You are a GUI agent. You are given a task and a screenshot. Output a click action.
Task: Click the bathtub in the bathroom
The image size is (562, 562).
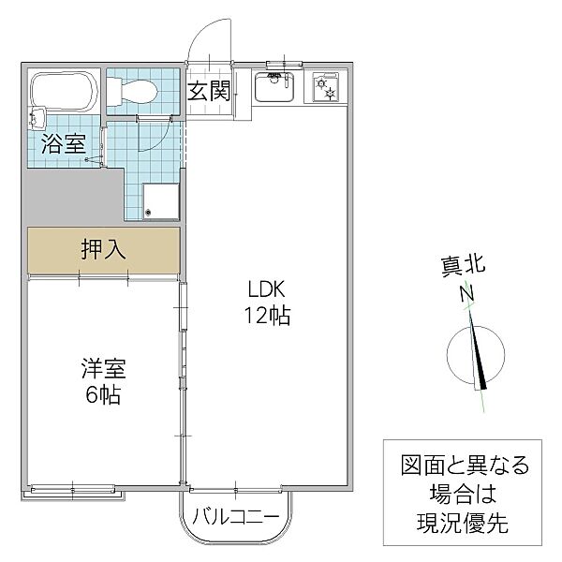[x=65, y=92]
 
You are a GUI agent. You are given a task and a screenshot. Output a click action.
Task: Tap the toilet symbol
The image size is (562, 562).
[x=133, y=93]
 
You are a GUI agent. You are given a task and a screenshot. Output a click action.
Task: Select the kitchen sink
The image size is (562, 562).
[x=274, y=86]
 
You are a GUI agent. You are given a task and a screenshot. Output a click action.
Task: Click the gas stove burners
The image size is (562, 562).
[x=325, y=87]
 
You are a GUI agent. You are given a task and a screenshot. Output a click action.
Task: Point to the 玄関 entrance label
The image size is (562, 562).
[x=209, y=91]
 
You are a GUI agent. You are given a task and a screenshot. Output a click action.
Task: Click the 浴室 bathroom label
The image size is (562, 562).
[x=64, y=143]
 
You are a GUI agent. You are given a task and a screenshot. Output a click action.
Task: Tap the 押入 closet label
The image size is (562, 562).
[x=104, y=249]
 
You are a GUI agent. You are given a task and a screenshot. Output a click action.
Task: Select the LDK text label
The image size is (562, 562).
[x=267, y=289]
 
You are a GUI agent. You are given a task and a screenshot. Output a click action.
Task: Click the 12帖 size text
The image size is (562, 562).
[x=267, y=316]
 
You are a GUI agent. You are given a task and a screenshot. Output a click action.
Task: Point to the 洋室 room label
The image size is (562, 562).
[x=104, y=368]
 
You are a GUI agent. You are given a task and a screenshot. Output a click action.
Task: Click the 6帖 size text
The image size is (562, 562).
[x=102, y=394]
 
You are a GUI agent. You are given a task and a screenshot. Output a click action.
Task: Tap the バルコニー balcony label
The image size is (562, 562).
[x=236, y=517]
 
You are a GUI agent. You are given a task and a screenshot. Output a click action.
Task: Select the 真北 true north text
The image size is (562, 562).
[x=463, y=266]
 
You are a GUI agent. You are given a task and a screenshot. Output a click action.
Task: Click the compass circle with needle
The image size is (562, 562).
[x=476, y=354]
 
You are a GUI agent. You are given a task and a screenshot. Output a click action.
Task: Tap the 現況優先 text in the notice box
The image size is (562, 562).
[x=463, y=524]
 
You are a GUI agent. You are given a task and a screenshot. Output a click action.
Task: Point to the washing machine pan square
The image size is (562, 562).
[x=161, y=201]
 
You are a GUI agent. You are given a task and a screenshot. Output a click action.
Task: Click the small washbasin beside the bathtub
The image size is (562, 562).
[x=37, y=119]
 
